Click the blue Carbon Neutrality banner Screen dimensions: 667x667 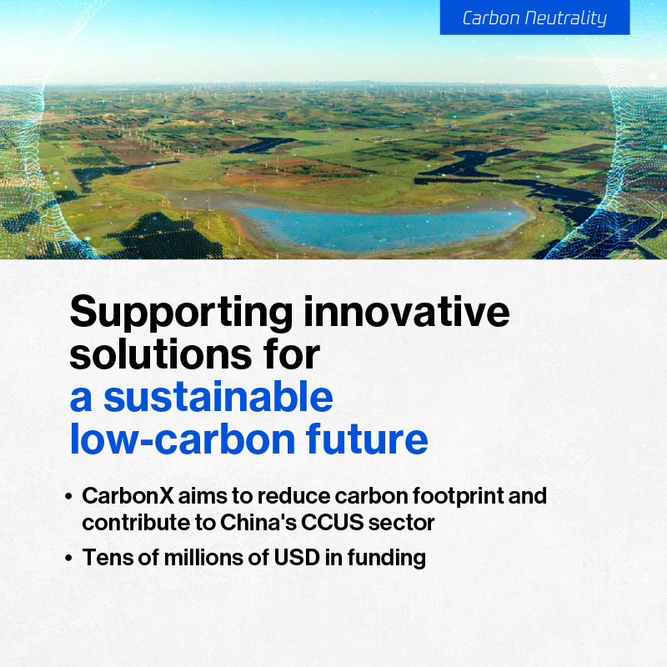pyautogui.click(x=534, y=17)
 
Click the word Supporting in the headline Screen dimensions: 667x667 pyautogui.click(x=181, y=313)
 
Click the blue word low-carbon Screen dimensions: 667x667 pyautogui.click(x=183, y=439)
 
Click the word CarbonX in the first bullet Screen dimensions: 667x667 pyautogui.click(x=128, y=496)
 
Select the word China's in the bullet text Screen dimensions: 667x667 pyautogui.click(x=258, y=523)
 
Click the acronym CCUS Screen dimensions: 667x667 pyautogui.click(x=332, y=523)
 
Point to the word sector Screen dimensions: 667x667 pyautogui.click(x=401, y=524)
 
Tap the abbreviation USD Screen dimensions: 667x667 pyautogui.click(x=297, y=557)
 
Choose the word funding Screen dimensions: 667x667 pyautogui.click(x=386, y=558)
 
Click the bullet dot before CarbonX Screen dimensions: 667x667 pyautogui.click(x=68, y=496)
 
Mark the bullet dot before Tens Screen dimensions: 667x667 pyautogui.click(x=68, y=558)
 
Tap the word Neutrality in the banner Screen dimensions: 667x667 pyautogui.click(x=565, y=18)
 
